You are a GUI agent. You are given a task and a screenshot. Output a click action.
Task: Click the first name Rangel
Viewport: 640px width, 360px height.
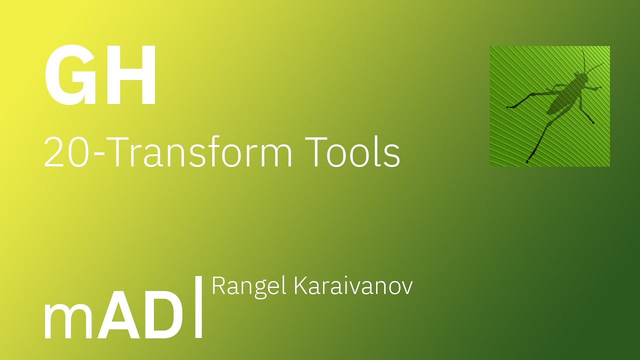pos(249,286)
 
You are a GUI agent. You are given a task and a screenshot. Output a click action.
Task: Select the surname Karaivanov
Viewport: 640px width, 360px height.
pos(353,286)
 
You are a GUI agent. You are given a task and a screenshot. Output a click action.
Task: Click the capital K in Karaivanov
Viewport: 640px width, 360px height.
pos(301,286)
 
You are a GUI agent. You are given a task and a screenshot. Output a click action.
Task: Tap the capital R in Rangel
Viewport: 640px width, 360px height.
pos(218,286)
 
